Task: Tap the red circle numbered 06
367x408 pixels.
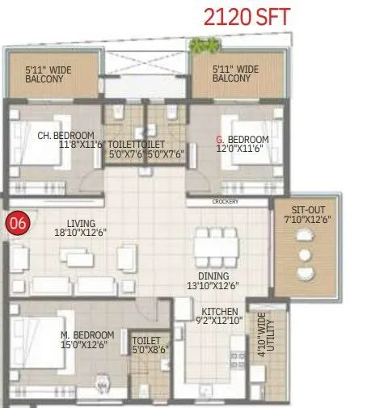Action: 15,221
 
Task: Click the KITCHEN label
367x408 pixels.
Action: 220,310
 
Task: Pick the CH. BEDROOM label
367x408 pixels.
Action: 66,135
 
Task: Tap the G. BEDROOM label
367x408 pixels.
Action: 243,139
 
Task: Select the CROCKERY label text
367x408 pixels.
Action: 226,202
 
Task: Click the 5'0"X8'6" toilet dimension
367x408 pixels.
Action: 147,351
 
